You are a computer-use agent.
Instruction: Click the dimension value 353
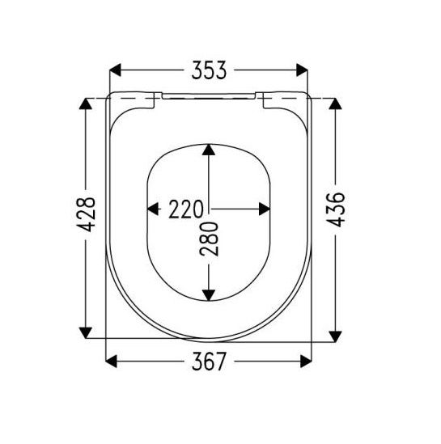pyautogui.click(x=209, y=70)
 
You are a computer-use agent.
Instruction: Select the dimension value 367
pyautogui.click(x=209, y=362)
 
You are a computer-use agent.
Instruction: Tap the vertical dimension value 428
pyautogui.click(x=86, y=214)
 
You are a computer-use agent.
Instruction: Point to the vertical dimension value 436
pyautogui.click(x=335, y=209)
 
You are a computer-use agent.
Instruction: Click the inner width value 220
pyautogui.click(x=186, y=209)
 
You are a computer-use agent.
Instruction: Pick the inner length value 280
pyautogui.click(x=209, y=239)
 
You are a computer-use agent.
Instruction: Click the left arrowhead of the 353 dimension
pyautogui.click(x=115, y=70)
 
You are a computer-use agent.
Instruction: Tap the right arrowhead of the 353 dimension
pyautogui.click(x=302, y=70)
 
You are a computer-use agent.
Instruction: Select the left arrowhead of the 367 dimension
pyautogui.click(x=111, y=362)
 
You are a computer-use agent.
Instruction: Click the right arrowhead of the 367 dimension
pyautogui.click(x=306, y=362)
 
